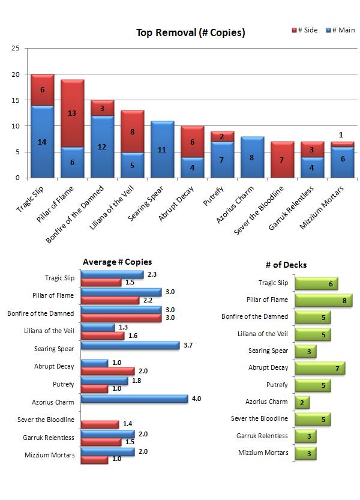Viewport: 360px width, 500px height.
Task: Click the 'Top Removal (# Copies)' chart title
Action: (190, 33)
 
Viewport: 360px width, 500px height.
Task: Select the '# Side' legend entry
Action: (304, 30)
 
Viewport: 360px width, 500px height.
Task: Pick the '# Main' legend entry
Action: (340, 30)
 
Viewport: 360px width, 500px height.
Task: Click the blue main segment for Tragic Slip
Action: (43, 142)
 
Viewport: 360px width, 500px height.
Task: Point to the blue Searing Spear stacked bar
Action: (163, 149)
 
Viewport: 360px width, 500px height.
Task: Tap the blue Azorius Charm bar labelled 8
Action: (253, 157)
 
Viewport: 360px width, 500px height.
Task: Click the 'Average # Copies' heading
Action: (117, 262)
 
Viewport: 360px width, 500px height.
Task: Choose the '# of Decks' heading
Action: (286, 265)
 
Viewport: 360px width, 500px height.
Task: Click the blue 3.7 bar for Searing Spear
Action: (130, 345)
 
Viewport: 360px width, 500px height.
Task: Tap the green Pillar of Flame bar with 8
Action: (323, 300)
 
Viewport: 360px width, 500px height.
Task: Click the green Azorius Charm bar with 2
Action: (302, 402)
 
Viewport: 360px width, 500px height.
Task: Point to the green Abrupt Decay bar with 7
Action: (319, 368)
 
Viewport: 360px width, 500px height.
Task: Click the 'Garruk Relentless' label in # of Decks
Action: (262, 436)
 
